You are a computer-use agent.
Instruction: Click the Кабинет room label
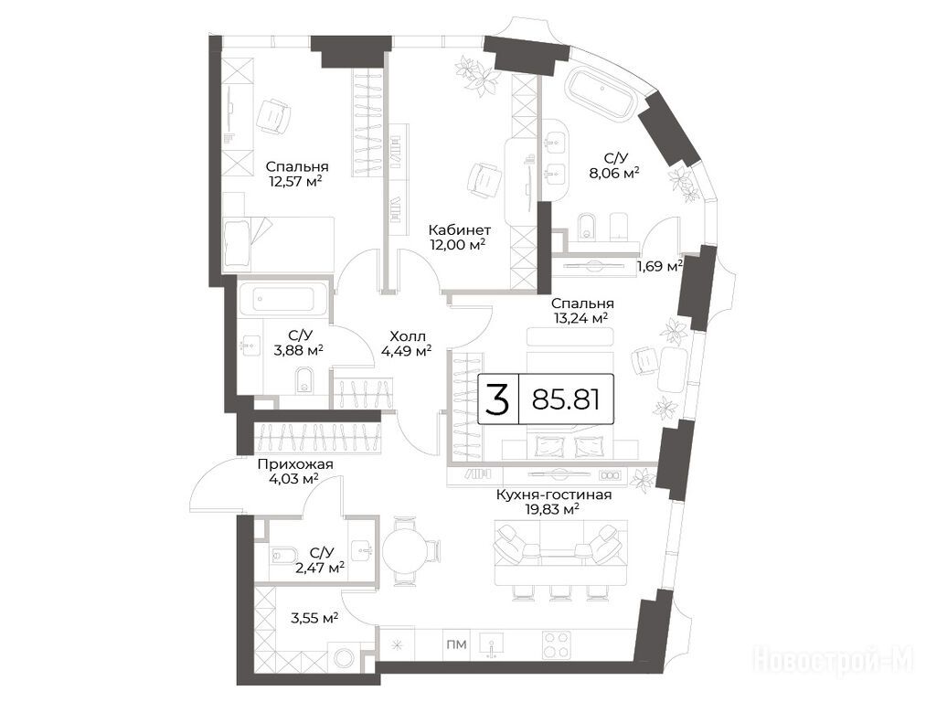(460, 229)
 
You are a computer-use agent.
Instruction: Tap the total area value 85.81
(566, 399)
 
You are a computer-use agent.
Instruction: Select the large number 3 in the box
(497, 399)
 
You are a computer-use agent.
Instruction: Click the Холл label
(407, 336)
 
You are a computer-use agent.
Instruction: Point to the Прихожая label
(295, 464)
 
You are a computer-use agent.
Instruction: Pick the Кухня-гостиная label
(554, 495)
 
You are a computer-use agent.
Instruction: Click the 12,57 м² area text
(296, 181)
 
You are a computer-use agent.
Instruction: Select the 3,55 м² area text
(314, 618)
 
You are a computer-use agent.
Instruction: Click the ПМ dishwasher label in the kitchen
(458, 644)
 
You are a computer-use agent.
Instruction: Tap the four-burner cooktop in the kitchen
(557, 645)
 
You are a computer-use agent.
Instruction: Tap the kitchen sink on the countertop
(492, 644)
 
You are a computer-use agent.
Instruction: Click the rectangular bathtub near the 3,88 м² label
(283, 298)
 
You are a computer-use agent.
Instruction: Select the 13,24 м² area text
(583, 318)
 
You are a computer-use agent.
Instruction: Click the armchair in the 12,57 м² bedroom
(274, 116)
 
